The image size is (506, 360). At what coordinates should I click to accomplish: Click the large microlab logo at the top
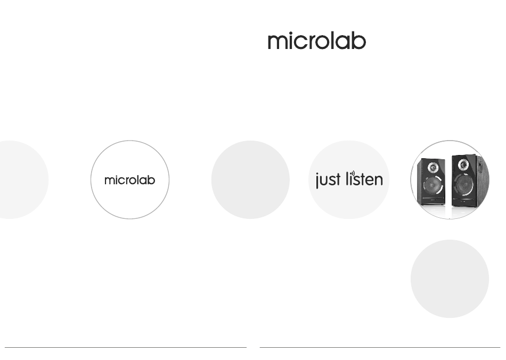[x=317, y=40]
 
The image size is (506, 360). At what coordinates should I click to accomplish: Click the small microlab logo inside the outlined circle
[x=130, y=180]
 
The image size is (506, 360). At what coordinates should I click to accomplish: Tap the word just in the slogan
[x=328, y=179]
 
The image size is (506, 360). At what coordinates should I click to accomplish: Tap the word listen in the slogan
[x=364, y=179]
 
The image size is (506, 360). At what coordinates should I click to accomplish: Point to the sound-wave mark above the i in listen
[x=353, y=174]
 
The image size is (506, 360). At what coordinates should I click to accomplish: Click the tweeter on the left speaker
[x=432, y=167]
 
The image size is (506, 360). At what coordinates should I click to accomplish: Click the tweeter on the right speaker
[x=463, y=164]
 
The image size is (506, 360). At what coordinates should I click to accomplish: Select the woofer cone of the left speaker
[x=432, y=185]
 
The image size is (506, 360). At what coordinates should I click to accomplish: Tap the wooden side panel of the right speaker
[x=482, y=181]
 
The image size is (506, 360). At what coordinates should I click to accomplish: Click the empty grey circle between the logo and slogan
[x=250, y=179]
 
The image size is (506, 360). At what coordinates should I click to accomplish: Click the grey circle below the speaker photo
[x=450, y=279]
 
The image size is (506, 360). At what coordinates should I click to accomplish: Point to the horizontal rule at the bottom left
[x=126, y=347]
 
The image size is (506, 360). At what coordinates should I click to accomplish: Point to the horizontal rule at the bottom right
[x=380, y=347]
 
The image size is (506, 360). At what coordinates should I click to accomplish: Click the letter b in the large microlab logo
[x=359, y=40]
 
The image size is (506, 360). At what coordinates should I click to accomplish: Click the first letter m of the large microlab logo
[x=277, y=43]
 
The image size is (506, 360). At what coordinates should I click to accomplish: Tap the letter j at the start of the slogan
[x=317, y=181]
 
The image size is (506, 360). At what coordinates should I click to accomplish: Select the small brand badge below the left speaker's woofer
[x=432, y=200]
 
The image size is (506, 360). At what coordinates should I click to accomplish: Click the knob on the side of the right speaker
[x=480, y=167]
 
